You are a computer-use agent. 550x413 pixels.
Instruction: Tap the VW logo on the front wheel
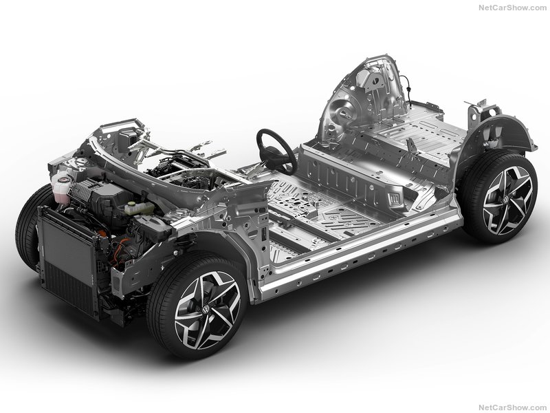(x=206, y=310)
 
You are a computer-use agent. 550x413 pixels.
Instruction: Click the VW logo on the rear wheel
(x=506, y=200)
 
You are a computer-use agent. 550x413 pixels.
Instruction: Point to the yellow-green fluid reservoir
(x=139, y=209)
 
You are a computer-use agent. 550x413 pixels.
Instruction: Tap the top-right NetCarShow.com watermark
(x=512, y=8)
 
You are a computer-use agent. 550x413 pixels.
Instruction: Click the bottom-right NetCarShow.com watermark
(x=512, y=407)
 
